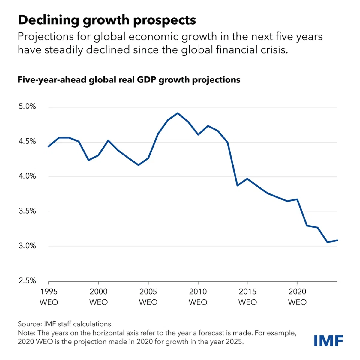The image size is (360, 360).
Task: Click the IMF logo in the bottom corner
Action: tap(328, 341)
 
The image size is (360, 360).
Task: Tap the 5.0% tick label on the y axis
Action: tap(27, 106)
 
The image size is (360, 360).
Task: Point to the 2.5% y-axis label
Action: tap(27, 281)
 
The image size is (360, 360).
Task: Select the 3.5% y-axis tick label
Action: tap(27, 211)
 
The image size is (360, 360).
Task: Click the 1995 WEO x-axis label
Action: tap(49, 297)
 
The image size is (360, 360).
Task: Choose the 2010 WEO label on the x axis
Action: tap(198, 297)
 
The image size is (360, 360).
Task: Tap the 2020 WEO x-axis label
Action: tap(297, 297)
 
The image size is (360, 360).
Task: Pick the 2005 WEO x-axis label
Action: tap(148, 297)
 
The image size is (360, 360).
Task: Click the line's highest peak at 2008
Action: tap(178, 113)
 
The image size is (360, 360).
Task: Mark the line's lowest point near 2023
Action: tap(327, 242)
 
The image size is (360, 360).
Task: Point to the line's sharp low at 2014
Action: tap(237, 186)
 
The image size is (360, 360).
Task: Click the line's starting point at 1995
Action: tap(49, 146)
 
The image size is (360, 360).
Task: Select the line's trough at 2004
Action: tap(138, 165)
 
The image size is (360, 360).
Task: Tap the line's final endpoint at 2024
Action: tap(337, 240)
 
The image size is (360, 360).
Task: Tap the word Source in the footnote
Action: tap(29, 324)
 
